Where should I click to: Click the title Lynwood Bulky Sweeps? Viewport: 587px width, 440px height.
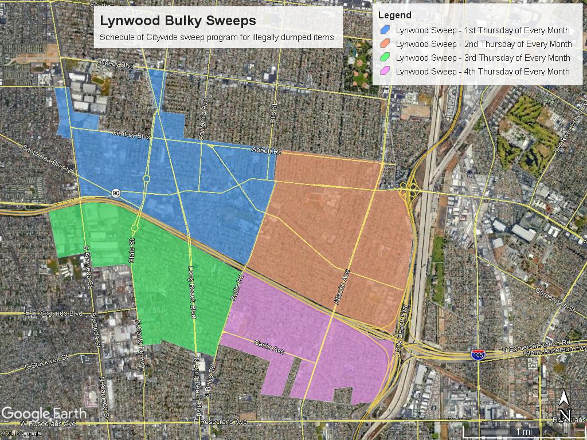click(178, 21)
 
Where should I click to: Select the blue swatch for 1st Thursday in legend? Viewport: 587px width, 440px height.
click(385, 30)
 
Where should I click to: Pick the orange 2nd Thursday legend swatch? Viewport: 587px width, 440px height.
click(385, 44)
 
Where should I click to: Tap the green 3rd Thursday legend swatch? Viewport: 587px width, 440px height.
click(385, 58)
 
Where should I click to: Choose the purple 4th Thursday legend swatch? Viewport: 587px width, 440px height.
click(385, 72)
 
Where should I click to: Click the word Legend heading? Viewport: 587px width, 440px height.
click(394, 15)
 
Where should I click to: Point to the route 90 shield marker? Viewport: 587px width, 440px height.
click(116, 193)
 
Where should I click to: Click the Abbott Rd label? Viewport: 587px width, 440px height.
click(267, 151)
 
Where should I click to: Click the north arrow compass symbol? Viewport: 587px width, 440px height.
click(565, 404)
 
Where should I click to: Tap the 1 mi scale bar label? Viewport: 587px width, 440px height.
click(523, 431)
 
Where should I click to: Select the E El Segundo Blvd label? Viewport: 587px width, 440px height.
click(54, 313)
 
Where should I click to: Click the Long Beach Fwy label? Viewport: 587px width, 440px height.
click(400, 324)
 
